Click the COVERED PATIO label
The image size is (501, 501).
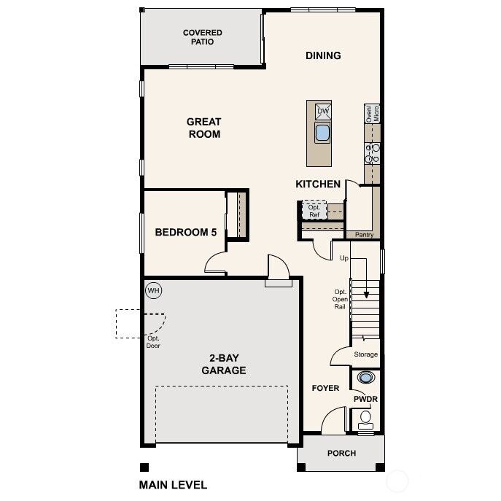202,37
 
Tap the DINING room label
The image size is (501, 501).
323,55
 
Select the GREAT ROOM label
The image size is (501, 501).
203,128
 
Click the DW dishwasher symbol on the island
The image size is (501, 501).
322,112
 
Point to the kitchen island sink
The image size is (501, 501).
322,133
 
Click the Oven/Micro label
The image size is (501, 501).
372,113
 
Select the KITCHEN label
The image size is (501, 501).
318,184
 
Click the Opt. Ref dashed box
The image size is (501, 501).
314,211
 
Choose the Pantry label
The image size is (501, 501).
364,235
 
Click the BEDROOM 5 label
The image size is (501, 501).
186,233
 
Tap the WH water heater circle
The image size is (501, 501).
153,290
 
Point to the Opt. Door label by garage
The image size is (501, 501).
153,341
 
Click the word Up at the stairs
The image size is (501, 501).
343,258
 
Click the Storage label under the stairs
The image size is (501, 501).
365,354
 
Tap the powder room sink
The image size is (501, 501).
365,378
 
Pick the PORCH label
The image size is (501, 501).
341,453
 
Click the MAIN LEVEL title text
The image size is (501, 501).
173,484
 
